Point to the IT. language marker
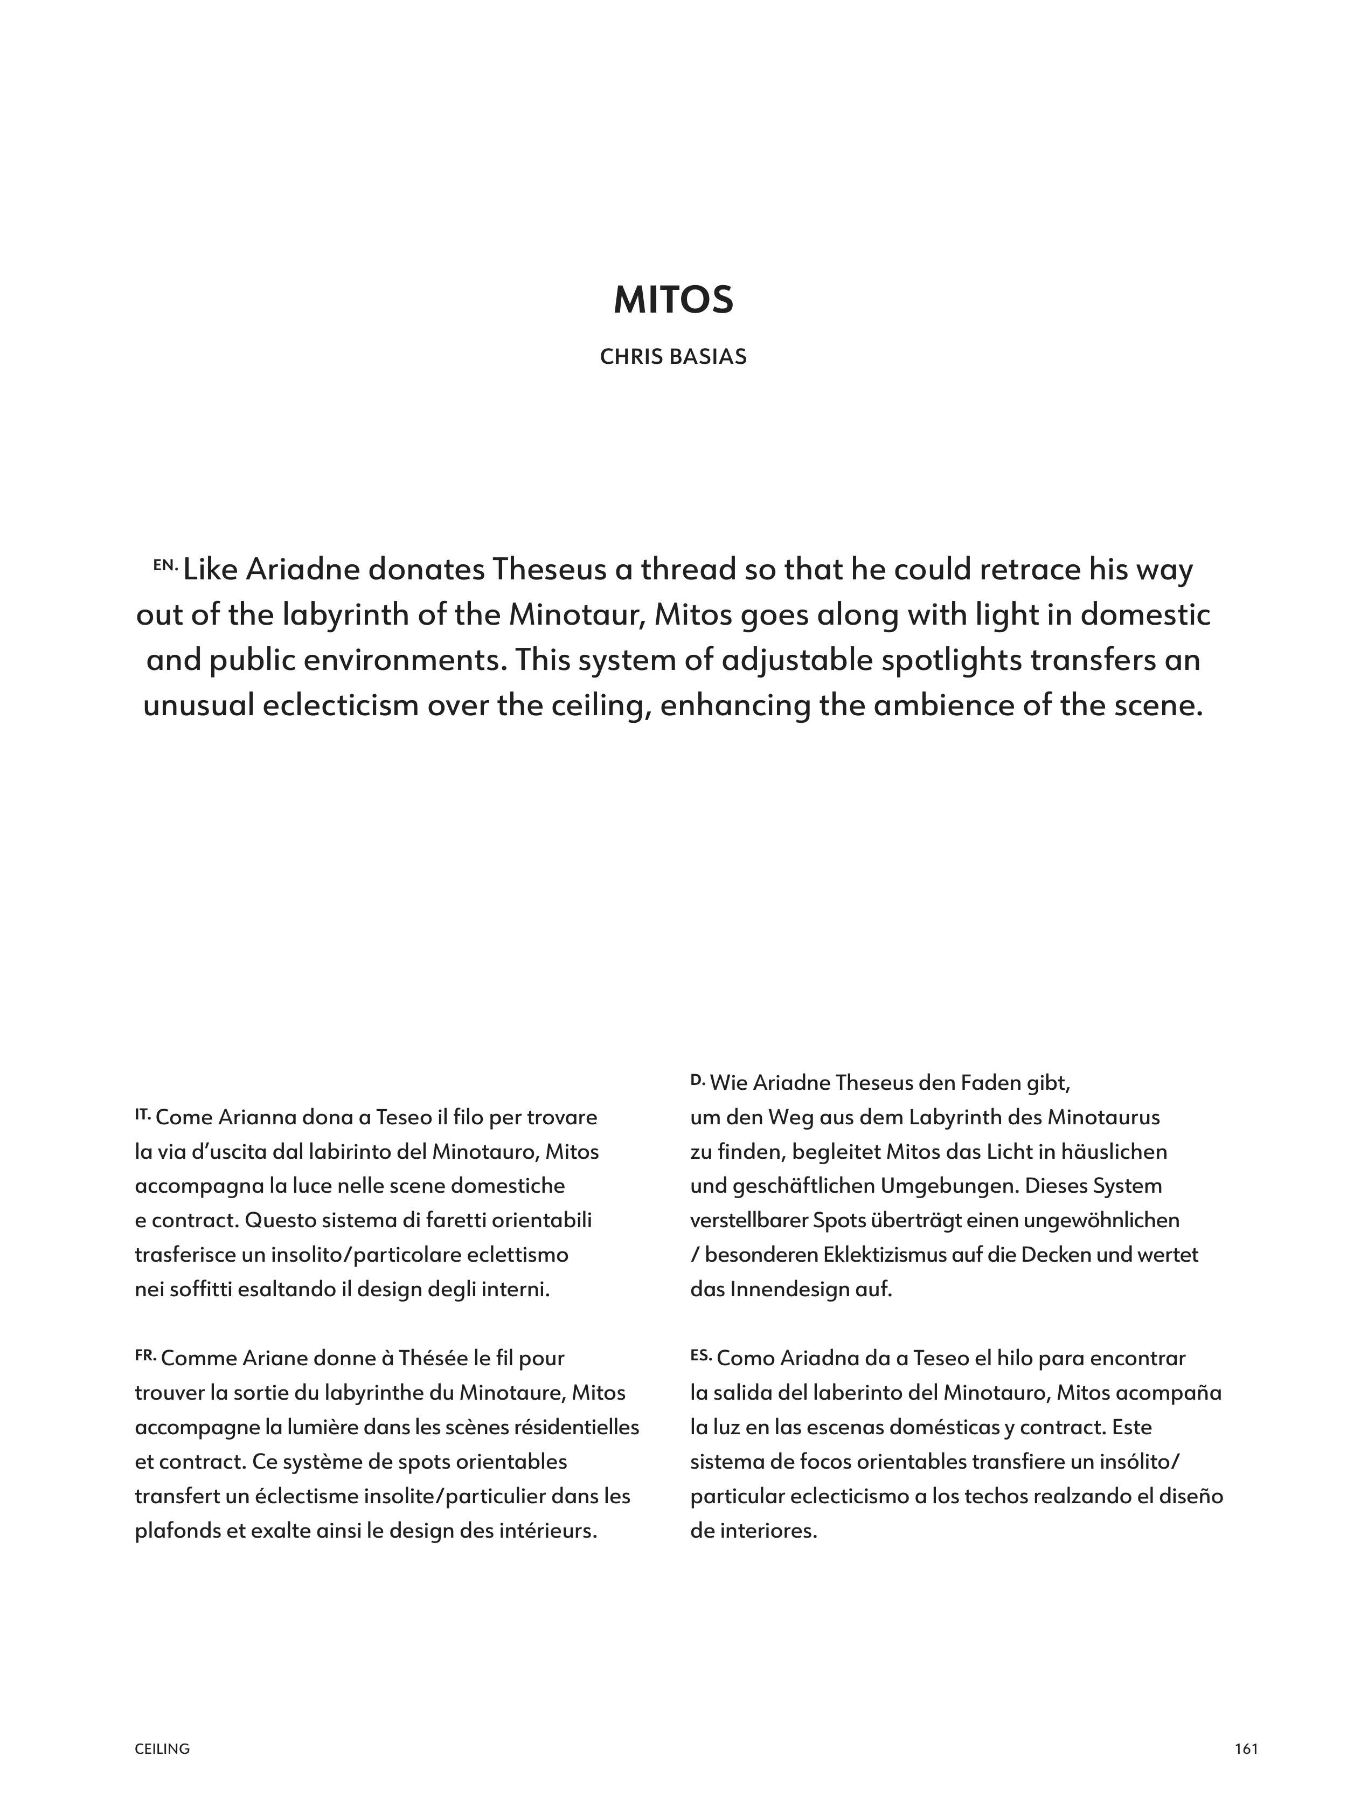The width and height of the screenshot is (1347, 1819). tap(143, 1112)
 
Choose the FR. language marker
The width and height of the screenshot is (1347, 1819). tap(145, 1355)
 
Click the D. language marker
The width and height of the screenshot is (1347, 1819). tap(697, 1079)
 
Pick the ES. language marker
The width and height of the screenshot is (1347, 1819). tap(700, 1355)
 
